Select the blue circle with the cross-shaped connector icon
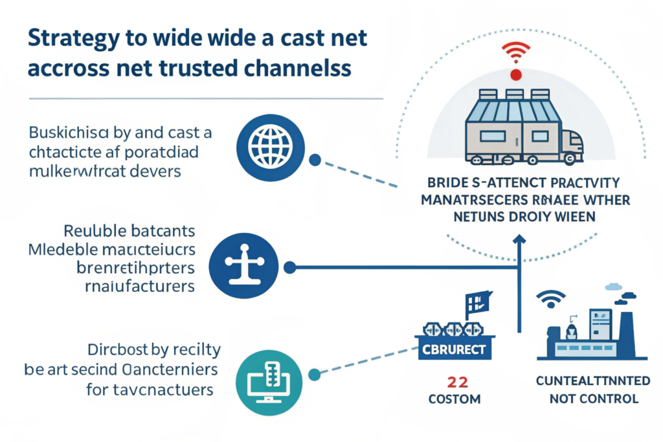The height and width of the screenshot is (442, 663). pyautogui.click(x=247, y=265)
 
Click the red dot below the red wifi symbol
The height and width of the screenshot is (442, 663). pyautogui.click(x=515, y=76)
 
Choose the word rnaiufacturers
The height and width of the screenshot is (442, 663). pyautogui.click(x=136, y=286)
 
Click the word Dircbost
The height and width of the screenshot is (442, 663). pyautogui.click(x=118, y=350)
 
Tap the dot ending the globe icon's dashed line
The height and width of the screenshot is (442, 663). pyautogui.click(x=315, y=160)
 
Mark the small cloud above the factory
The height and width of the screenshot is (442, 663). pyautogui.click(x=613, y=287)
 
